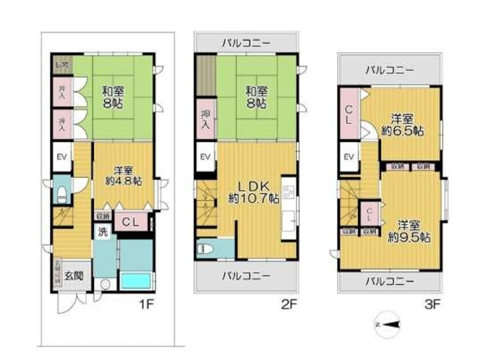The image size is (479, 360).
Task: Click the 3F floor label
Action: tap(431, 303)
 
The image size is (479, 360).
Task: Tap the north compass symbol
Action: tap(387, 325)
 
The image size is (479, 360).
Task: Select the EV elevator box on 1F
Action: tap(61, 157)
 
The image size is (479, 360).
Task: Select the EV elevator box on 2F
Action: tap(205, 157)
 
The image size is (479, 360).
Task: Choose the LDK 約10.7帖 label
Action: tap(254, 192)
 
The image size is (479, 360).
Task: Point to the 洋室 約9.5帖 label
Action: tap(408, 231)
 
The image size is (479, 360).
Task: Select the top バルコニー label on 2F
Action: tap(245, 43)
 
